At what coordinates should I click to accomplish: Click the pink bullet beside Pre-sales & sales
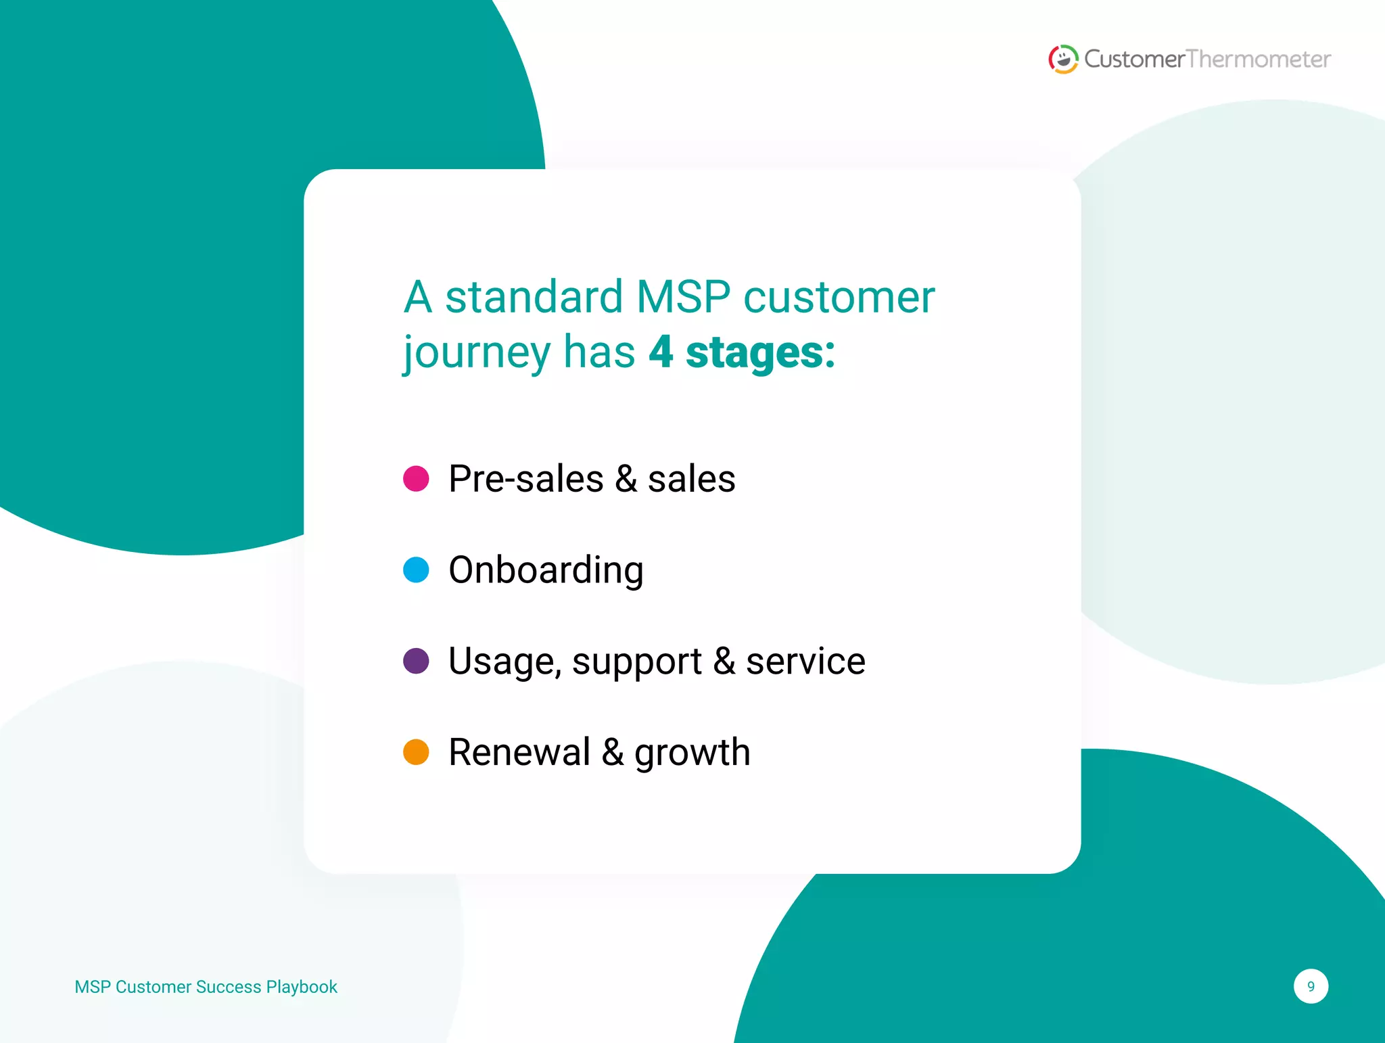click(x=416, y=478)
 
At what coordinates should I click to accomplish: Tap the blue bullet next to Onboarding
click(x=416, y=570)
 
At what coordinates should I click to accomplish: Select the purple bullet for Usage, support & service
click(x=416, y=661)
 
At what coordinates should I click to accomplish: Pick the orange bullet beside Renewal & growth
click(x=416, y=752)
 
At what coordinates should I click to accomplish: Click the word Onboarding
click(x=546, y=570)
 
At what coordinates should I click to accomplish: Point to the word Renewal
click(x=519, y=752)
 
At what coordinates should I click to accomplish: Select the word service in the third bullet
click(x=805, y=662)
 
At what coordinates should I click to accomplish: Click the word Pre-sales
click(x=525, y=479)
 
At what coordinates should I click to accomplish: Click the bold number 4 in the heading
click(x=661, y=352)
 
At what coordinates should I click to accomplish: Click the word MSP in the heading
click(x=683, y=297)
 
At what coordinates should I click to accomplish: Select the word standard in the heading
click(x=534, y=297)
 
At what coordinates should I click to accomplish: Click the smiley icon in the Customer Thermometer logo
click(x=1063, y=60)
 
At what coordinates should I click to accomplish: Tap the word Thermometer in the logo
click(x=1259, y=60)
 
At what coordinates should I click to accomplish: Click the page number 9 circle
click(x=1311, y=986)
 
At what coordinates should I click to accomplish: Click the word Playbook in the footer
click(x=302, y=988)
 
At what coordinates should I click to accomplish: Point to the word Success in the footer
click(x=229, y=987)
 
